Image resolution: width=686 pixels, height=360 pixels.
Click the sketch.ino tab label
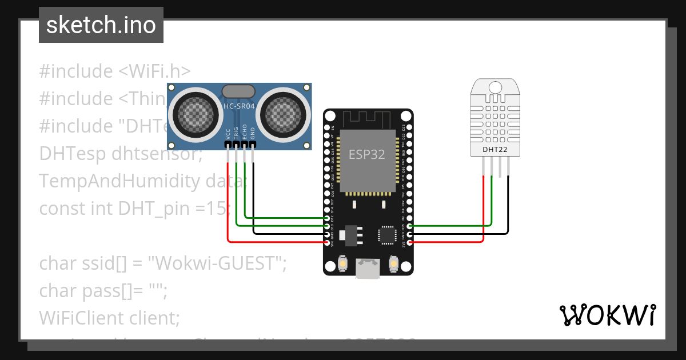coord(101,25)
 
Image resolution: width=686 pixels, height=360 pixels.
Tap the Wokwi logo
coord(607,315)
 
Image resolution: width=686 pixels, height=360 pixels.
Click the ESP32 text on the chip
coord(367,154)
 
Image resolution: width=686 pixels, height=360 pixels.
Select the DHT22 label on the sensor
coord(494,150)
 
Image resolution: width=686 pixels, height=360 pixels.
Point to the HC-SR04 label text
coord(239,106)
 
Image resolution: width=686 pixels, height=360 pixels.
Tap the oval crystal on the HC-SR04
coord(239,91)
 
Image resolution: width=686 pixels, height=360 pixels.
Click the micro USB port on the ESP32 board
coord(368,269)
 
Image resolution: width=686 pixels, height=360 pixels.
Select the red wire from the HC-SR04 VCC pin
coord(228,200)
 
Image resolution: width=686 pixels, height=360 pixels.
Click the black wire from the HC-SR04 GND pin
coord(254,200)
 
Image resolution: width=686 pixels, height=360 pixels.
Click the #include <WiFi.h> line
coord(114,71)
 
